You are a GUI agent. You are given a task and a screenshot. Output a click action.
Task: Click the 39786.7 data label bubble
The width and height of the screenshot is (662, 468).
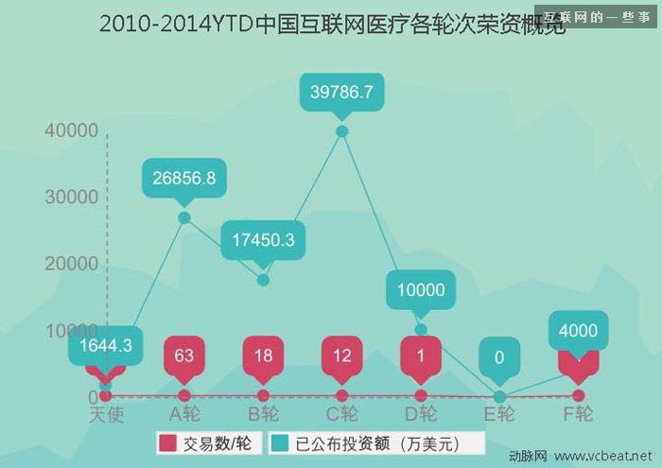click(341, 92)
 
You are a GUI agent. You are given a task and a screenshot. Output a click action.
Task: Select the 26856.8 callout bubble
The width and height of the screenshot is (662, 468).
click(184, 178)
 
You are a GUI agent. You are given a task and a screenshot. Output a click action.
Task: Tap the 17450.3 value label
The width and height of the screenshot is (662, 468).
click(263, 240)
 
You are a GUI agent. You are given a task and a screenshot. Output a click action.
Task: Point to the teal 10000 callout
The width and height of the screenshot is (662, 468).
click(421, 290)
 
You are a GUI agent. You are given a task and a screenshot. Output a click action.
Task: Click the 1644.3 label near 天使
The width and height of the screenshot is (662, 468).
click(106, 347)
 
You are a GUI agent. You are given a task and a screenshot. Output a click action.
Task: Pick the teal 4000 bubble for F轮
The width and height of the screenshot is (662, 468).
click(578, 330)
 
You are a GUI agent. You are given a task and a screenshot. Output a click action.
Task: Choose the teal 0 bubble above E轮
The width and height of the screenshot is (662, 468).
click(499, 357)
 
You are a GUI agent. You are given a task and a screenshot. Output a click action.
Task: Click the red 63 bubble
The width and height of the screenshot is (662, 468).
click(184, 356)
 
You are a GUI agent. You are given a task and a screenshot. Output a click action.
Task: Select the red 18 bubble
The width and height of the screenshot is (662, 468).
click(263, 356)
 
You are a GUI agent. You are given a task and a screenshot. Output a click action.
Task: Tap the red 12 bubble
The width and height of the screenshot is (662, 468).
click(341, 356)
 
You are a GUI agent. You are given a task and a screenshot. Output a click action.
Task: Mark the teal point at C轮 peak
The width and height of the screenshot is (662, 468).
click(341, 131)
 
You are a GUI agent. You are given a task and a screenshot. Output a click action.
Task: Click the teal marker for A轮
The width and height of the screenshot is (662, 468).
click(184, 217)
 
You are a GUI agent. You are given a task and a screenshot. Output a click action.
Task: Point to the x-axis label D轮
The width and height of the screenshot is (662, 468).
click(421, 414)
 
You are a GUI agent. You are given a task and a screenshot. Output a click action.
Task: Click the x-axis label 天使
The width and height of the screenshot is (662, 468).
click(106, 414)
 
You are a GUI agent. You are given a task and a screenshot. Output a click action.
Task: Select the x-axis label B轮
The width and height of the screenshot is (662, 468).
click(263, 414)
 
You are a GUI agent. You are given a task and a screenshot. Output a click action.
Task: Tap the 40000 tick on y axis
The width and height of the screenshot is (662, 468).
click(71, 130)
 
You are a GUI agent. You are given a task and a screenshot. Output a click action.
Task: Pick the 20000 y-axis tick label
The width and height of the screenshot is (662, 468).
click(71, 264)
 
